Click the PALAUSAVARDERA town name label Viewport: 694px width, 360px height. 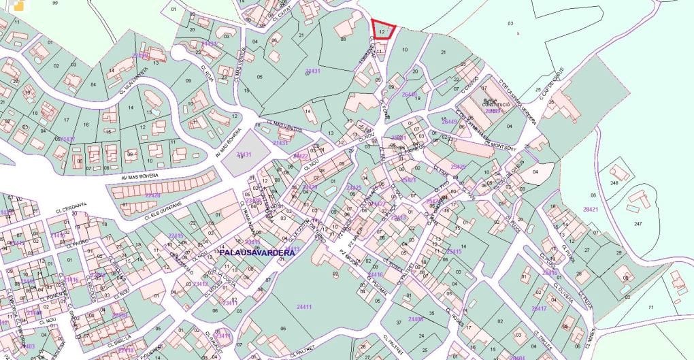[x=257, y=252]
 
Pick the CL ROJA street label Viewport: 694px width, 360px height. [x=208, y=73]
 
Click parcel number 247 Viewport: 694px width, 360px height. [x=638, y=224]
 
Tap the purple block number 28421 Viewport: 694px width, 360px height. [x=591, y=209]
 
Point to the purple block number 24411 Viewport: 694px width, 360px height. [x=304, y=307]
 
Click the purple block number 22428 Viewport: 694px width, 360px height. [x=152, y=195]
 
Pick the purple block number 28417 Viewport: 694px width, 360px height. [x=539, y=309]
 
